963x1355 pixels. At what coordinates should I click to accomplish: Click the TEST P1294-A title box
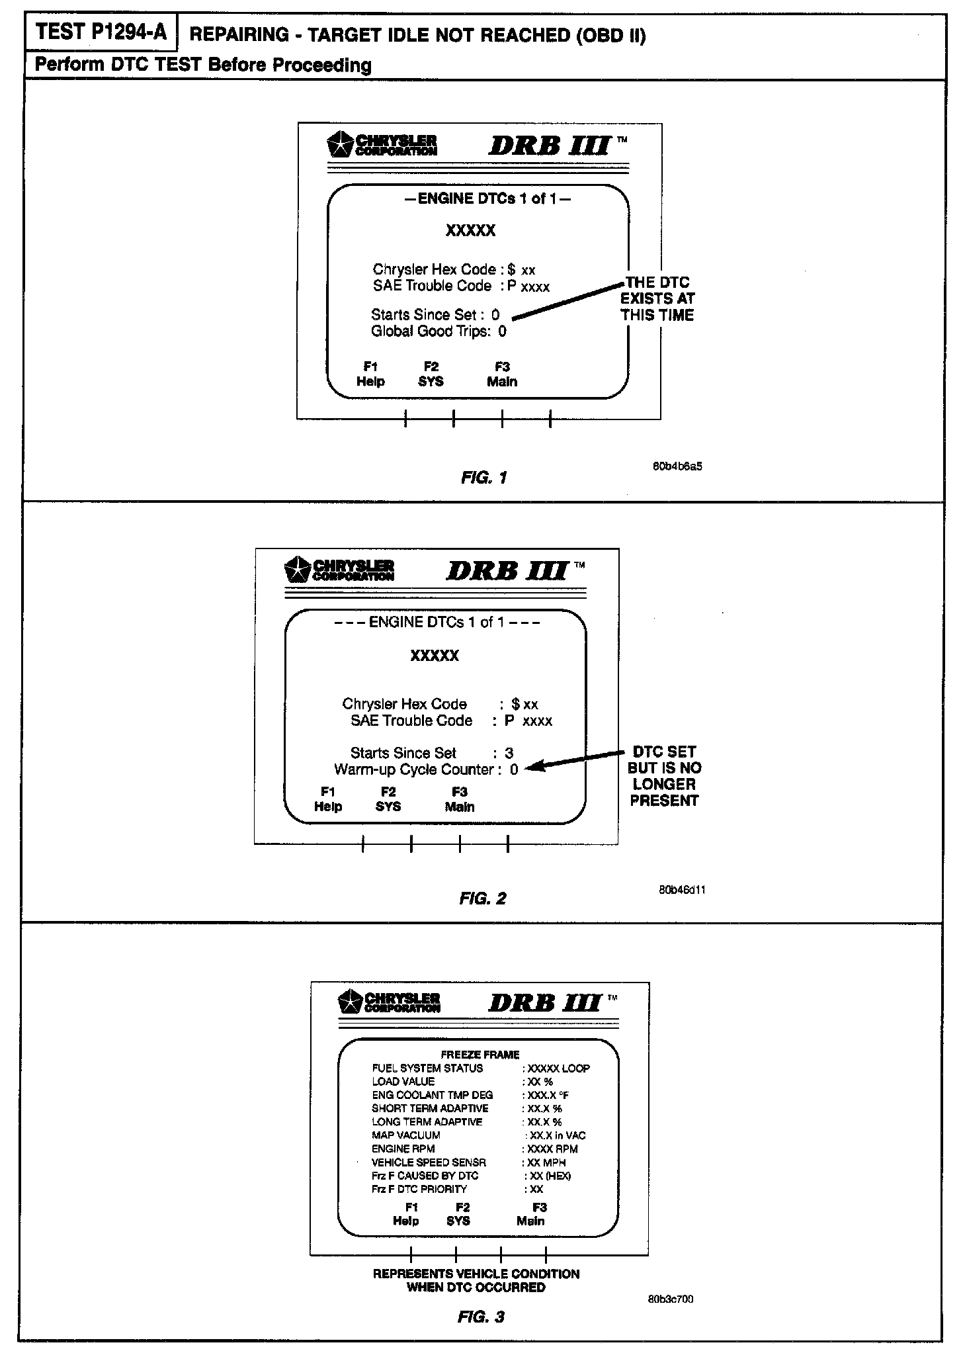click(x=101, y=32)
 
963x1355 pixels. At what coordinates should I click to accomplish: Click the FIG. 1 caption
click(x=483, y=478)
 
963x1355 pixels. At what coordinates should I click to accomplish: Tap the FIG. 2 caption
click(x=482, y=898)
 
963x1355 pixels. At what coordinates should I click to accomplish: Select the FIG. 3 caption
click(x=481, y=1317)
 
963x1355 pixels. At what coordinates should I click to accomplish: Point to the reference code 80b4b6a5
click(x=677, y=466)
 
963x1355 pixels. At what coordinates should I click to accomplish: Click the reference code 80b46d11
click(x=682, y=890)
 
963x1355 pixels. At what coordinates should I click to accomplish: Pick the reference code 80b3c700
click(x=671, y=1299)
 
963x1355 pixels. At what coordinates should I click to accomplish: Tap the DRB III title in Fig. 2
click(x=508, y=570)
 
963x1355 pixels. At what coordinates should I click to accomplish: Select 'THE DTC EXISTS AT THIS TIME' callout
click(x=657, y=299)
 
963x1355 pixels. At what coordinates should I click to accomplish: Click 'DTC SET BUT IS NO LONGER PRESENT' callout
click(x=664, y=776)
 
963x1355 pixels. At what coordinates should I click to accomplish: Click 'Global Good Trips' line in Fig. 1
click(x=438, y=331)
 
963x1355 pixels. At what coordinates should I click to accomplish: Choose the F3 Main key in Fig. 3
click(x=531, y=1214)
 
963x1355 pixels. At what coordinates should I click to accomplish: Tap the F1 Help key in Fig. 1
click(x=370, y=374)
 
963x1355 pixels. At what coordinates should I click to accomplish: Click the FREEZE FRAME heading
click(x=480, y=1055)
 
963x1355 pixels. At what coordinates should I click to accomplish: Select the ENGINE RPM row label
click(x=403, y=1149)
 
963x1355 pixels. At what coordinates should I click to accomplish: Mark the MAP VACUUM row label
click(x=405, y=1135)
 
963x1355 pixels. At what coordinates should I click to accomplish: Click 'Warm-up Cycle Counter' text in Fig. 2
click(x=414, y=769)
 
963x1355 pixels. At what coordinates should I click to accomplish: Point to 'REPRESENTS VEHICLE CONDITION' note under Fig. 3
click(x=476, y=1274)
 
